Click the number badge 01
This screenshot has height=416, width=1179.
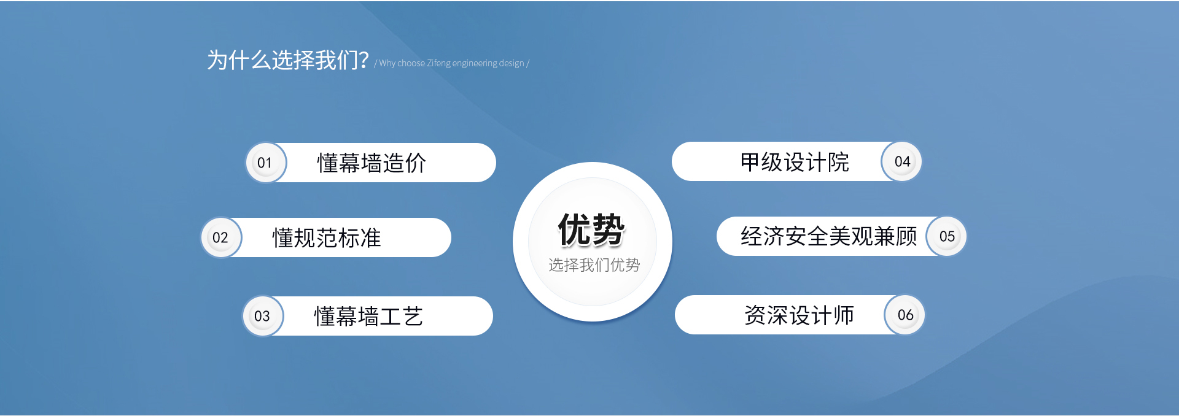[265, 163]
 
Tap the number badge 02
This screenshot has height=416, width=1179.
[220, 237]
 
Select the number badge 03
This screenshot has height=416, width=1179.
[262, 316]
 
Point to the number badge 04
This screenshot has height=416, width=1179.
[902, 161]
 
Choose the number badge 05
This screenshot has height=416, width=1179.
[947, 236]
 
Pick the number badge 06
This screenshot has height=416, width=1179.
[905, 315]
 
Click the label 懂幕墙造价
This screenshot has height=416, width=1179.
[372, 163]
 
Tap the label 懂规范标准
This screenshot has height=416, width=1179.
[327, 238]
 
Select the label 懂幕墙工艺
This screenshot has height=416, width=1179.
[368, 317]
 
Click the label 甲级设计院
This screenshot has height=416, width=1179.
[795, 162]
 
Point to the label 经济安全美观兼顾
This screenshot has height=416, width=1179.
[828, 236]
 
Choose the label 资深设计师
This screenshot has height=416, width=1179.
[799, 315]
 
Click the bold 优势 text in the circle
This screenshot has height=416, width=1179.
[591, 230]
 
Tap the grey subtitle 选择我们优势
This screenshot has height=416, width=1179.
[594, 265]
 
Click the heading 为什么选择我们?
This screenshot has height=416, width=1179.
[287, 60]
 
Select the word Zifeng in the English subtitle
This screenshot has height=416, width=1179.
[438, 63]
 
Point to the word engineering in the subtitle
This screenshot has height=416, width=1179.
[474, 63]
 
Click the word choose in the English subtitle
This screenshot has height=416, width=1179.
[411, 63]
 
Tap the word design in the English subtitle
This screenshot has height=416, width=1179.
[512, 63]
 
